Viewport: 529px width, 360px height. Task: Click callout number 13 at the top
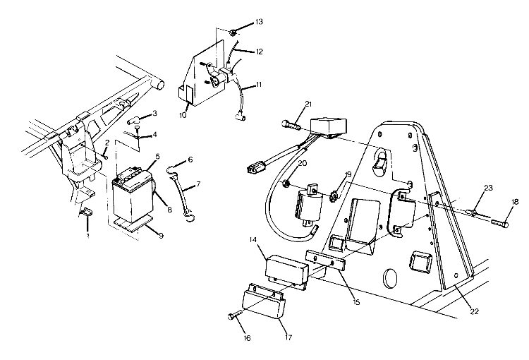pos(259,23)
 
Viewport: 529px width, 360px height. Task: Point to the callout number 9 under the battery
pos(161,236)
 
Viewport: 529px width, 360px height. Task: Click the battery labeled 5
pos(131,196)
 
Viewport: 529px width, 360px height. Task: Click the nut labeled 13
pos(233,32)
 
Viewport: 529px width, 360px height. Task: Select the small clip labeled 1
pos(85,212)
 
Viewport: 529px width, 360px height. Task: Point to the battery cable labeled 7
pos(186,199)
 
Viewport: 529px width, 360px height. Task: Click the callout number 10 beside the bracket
pos(183,114)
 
